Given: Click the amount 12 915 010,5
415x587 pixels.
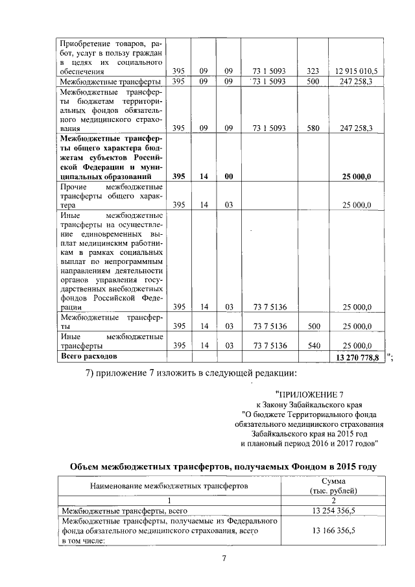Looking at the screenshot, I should pyautogui.click(x=356, y=71).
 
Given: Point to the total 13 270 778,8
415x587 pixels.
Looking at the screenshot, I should pyautogui.click(x=356, y=358).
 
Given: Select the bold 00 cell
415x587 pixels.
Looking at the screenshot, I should pyautogui.click(x=228, y=176).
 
